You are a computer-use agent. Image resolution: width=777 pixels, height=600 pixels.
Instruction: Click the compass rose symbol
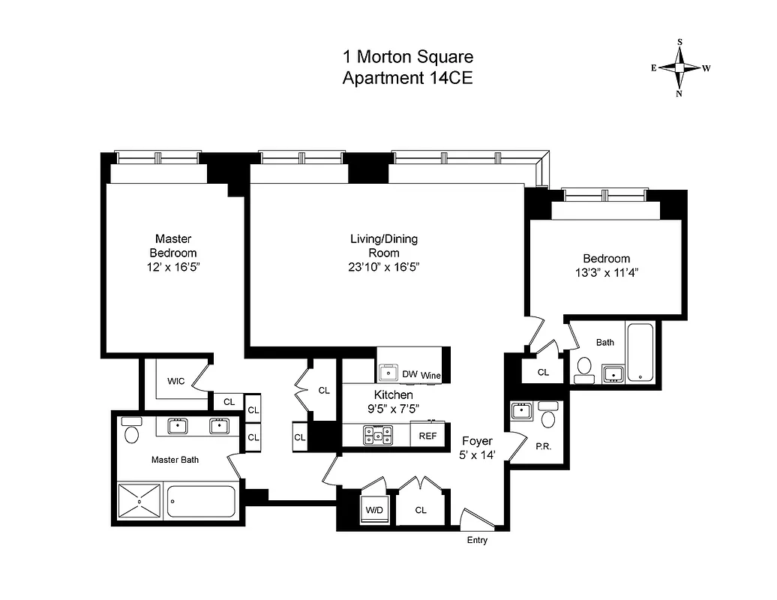(679, 67)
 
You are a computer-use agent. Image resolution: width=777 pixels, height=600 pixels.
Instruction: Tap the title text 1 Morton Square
(407, 57)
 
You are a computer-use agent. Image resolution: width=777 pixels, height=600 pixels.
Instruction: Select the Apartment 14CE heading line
(407, 78)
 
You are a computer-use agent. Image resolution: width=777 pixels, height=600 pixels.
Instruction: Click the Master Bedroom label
(172, 245)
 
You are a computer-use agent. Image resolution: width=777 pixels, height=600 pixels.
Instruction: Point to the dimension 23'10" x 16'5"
(384, 267)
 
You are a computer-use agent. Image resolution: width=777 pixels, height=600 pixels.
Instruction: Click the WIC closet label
(175, 381)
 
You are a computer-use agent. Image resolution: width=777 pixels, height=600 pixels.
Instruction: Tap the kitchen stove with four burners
(379, 435)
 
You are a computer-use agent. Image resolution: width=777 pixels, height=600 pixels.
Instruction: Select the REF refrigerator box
(427, 435)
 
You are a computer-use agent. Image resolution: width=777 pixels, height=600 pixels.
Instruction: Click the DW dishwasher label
(409, 374)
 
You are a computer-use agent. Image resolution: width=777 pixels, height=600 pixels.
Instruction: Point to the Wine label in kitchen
(430, 375)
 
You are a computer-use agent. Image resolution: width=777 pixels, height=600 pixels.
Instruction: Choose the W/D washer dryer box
(373, 510)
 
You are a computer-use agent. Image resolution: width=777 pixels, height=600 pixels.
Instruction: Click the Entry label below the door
(477, 540)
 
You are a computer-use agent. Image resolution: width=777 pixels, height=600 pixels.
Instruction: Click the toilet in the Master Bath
(132, 433)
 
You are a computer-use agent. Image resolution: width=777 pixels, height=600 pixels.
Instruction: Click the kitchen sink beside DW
(388, 372)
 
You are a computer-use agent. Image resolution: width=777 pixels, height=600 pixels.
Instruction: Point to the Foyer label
(476, 441)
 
